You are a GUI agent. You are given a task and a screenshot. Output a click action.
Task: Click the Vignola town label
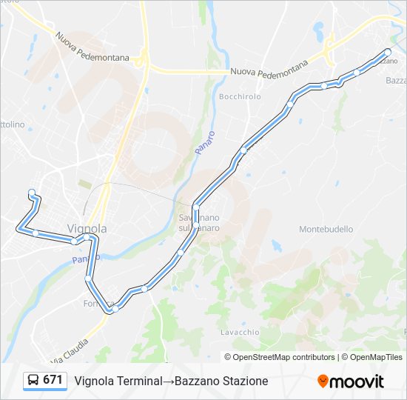point(87,228)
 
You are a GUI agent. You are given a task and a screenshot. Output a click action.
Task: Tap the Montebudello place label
point(326,230)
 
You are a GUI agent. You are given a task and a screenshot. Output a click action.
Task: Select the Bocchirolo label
point(240,97)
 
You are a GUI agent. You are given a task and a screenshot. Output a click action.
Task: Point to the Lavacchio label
point(238,332)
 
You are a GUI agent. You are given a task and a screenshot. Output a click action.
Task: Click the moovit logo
point(351,381)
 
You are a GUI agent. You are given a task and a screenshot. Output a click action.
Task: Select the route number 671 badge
point(53,380)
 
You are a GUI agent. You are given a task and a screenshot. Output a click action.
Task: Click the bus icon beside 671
point(33,381)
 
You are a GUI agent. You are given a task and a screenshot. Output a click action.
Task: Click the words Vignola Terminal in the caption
point(118,381)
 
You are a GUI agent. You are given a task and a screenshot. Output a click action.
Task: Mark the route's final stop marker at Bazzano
point(387,51)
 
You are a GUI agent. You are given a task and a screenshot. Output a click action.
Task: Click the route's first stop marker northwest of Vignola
point(32,193)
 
